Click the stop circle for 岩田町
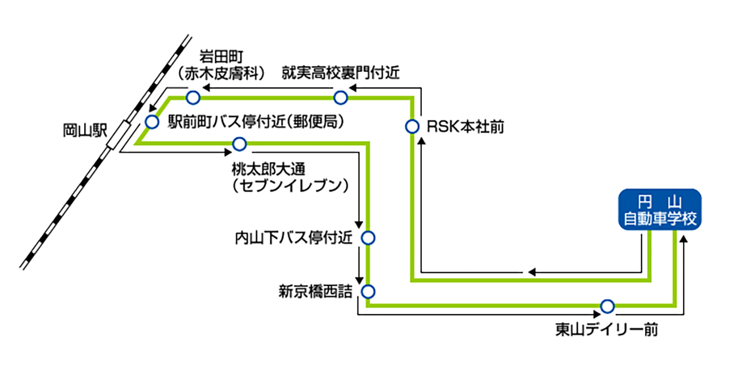(193, 98)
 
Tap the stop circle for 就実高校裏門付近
(341, 98)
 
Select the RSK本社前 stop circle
(412, 127)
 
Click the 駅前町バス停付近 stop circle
(152, 122)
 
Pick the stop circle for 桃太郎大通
(239, 143)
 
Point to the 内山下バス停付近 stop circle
(368, 238)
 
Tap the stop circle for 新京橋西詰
(368, 290)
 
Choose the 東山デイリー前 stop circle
(607, 306)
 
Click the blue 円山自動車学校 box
(660, 210)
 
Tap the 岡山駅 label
(85, 130)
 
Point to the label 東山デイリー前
(606, 329)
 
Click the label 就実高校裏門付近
(341, 72)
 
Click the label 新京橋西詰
(315, 292)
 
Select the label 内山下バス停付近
(293, 238)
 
